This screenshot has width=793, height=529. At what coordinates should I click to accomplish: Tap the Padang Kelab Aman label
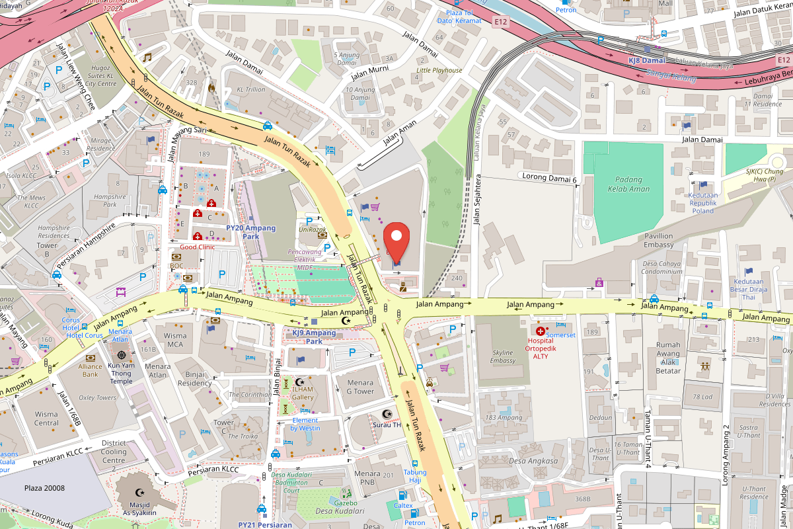click(628, 184)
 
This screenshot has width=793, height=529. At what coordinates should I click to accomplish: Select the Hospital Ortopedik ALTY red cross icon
click(541, 330)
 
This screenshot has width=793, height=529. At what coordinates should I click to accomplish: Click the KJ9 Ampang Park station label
click(315, 337)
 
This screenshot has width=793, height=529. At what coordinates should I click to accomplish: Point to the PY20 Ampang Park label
click(250, 231)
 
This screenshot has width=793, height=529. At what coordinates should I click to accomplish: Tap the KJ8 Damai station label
click(646, 60)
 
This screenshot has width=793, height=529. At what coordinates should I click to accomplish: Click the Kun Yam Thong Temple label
click(121, 372)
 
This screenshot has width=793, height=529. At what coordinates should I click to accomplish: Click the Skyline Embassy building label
click(502, 356)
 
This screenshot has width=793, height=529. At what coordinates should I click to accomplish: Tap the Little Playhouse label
click(439, 70)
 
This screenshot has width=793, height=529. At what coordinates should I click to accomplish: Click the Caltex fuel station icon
click(400, 495)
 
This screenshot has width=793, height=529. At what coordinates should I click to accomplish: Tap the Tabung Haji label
click(415, 476)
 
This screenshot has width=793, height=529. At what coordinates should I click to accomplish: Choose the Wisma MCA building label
click(175, 340)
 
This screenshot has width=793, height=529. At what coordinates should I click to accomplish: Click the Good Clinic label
click(198, 247)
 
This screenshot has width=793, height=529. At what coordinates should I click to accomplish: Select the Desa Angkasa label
click(534, 461)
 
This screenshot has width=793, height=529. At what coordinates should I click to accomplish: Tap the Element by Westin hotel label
click(305, 424)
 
